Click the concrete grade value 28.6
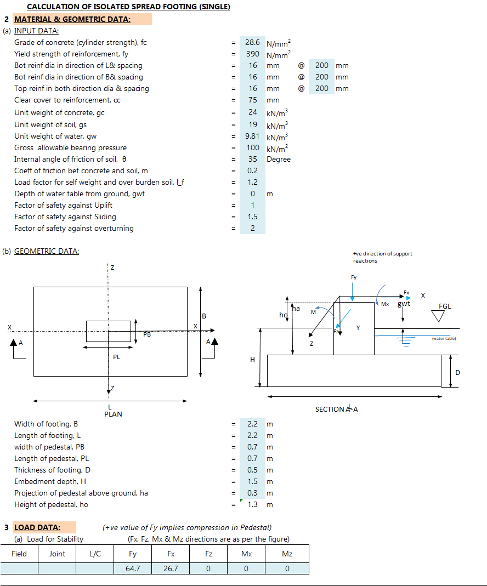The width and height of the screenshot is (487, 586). pos(252,43)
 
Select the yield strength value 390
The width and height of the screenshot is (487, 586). pos(253,54)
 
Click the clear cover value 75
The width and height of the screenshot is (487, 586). pos(253,100)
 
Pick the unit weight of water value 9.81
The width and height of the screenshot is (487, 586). pos(252,136)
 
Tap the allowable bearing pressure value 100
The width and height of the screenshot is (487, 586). pos(253,147)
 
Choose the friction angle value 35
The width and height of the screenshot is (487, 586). pos(253,159)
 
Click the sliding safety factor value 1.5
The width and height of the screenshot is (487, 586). pos(253,217)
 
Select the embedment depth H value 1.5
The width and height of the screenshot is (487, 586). pos(253,481)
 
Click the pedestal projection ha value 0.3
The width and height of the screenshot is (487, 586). pos(253,493)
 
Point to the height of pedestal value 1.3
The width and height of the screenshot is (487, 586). pos(253,504)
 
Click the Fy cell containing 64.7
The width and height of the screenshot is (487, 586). pos(133,568)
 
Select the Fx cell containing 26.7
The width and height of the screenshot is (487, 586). pos(171,568)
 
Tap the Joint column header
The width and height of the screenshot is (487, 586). pos(57,554)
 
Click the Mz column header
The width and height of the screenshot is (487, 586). pos(287,554)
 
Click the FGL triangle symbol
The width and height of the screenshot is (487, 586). pos(438,316)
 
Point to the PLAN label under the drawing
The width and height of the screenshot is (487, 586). pos(113,414)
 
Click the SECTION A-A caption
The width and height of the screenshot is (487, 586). pos(336,409)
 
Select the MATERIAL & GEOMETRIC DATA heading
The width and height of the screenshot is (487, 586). pos(72,19)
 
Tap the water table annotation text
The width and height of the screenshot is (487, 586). pos(444,339)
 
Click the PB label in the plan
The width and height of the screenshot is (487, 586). pos(147,334)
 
